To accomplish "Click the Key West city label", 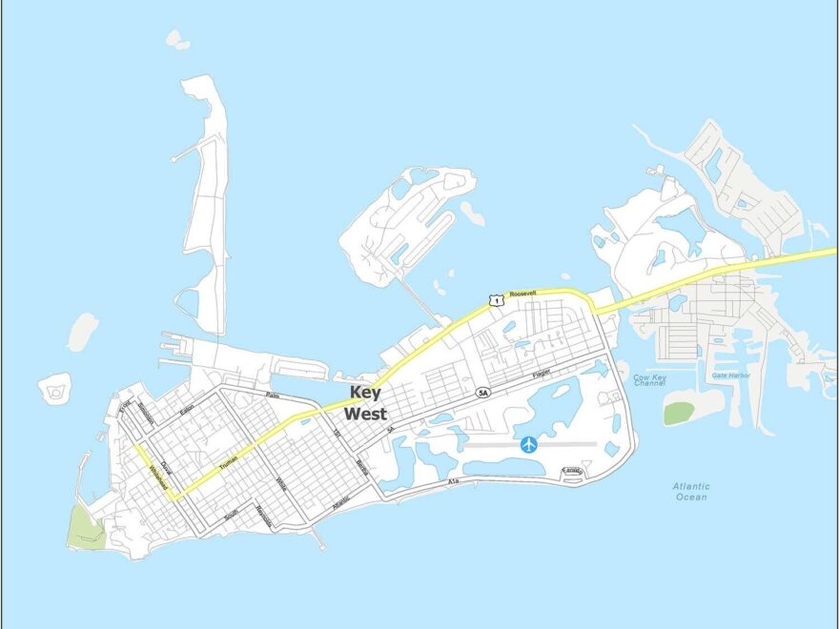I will (365, 403).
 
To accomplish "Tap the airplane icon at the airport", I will (529, 444).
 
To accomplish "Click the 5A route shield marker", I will (483, 393).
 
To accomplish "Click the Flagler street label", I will (542, 375).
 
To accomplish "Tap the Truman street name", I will (228, 462).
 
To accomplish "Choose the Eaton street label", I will (187, 413).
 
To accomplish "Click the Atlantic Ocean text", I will (691, 492).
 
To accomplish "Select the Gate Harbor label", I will (731, 375).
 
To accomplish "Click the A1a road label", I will (453, 483).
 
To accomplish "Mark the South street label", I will (231, 515).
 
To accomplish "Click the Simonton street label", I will (146, 414).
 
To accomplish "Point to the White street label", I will (281, 485).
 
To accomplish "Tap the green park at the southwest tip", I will (86, 527).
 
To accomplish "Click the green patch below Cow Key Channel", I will (680, 413).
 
